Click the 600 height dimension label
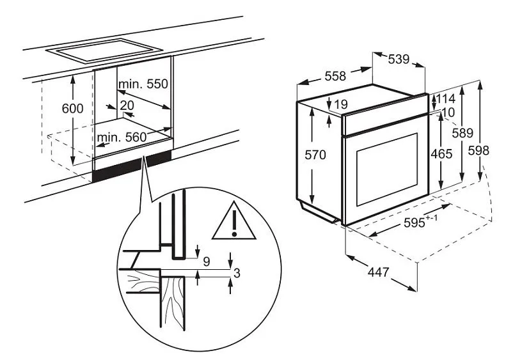73,109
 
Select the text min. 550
143,84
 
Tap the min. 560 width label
122,137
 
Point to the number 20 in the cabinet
127,105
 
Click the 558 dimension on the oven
335,76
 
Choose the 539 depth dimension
399,59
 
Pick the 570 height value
315,155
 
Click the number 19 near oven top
341,104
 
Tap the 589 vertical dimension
463,133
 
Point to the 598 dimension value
478,150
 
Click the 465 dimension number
441,154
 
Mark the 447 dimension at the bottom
379,272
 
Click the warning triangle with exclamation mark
234,221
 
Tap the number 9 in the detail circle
207,262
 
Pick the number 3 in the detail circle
237,273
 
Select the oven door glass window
387,169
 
